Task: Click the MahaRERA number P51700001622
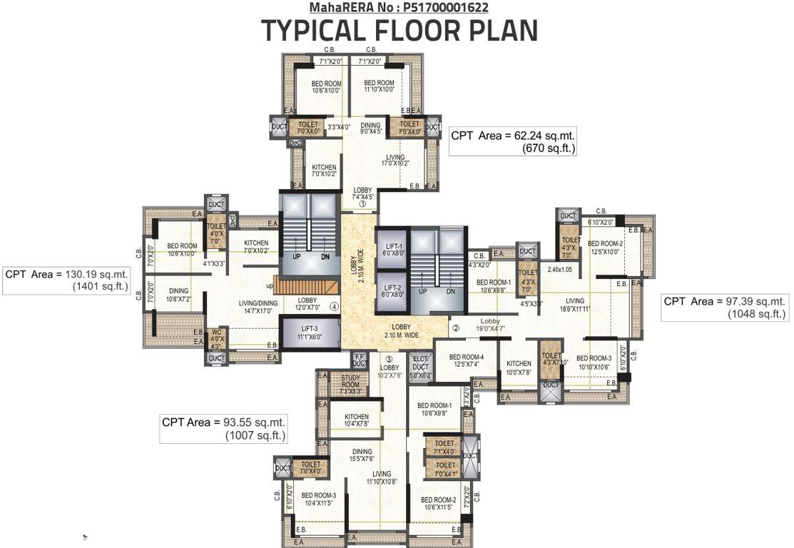pos(399,8)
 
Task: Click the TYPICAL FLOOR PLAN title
pos(399,31)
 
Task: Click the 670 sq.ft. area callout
pos(514,142)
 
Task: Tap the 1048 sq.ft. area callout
pos(725,308)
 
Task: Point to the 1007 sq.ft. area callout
pos(224,428)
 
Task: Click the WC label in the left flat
pos(216,338)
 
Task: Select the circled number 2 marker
pos(454,329)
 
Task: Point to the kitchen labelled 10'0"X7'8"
pos(519,367)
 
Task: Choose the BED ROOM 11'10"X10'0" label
pos(379,86)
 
